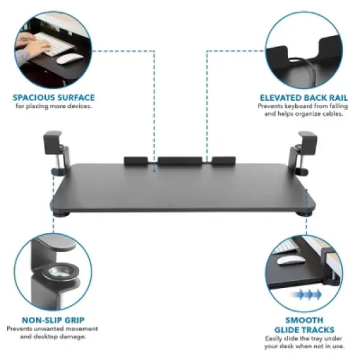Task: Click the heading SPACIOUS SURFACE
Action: click(54, 98)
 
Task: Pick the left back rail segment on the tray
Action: click(135, 160)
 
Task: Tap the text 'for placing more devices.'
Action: click(54, 106)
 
